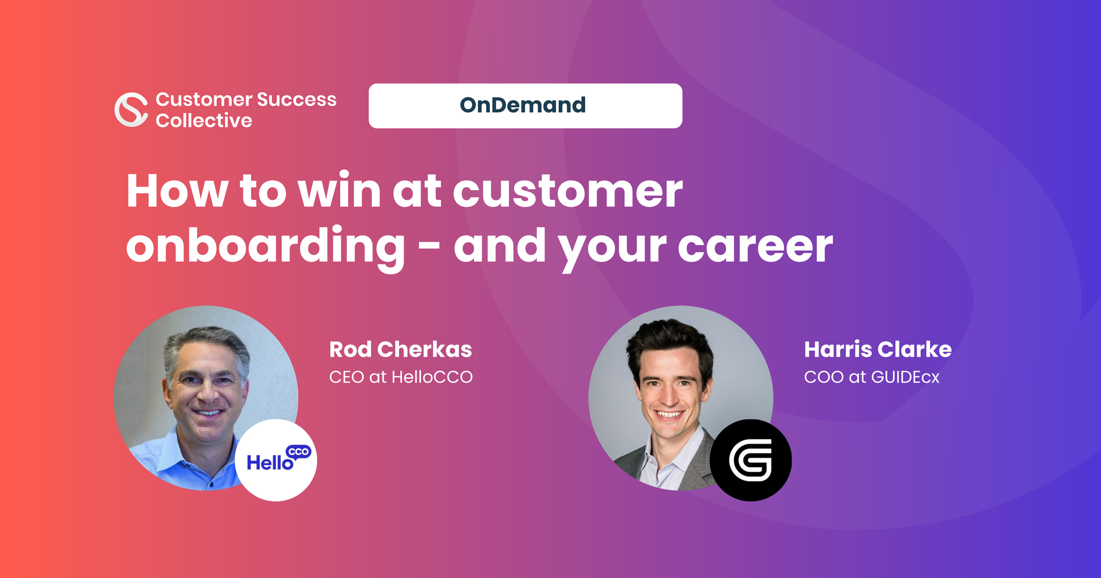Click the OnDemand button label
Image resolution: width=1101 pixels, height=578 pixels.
point(522,105)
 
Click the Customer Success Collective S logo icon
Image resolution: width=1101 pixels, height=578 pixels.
point(131,110)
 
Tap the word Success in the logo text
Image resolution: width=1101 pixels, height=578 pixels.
point(296,100)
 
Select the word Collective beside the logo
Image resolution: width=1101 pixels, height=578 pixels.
point(204,121)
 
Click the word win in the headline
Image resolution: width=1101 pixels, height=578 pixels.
point(339,191)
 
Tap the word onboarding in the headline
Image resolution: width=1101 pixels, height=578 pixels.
point(265,246)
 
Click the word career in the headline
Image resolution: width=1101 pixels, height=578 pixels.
point(755,246)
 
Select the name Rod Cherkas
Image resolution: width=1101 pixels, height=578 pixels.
point(400,350)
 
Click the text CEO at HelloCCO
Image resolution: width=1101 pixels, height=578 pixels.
point(400,377)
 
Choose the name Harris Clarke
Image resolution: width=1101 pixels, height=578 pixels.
point(877,350)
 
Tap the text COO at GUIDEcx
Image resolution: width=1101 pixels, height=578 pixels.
point(871,377)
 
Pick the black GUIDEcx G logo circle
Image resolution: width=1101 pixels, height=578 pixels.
point(750,460)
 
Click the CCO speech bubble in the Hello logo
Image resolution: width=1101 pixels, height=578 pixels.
point(299,452)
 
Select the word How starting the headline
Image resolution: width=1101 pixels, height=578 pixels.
point(177,191)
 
